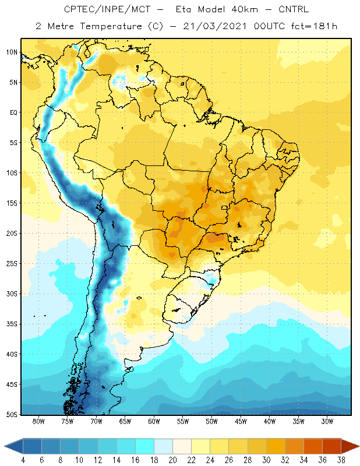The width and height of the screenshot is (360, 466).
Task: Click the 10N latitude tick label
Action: click(x=12, y=52)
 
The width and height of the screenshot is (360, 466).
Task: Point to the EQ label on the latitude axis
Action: click(x=13, y=112)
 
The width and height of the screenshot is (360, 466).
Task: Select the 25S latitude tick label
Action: click(x=12, y=264)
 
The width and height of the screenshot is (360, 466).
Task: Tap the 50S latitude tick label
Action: click(x=12, y=415)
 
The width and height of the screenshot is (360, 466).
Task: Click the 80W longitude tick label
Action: click(x=38, y=421)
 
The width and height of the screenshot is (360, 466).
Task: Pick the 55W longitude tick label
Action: click(x=183, y=421)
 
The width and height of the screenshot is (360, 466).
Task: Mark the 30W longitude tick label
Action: click(x=327, y=421)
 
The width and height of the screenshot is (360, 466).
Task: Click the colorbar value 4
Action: click(x=23, y=460)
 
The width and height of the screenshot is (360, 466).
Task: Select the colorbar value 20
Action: click(x=172, y=460)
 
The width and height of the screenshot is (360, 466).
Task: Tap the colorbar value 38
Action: click(x=341, y=460)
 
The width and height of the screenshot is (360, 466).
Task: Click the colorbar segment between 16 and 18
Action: click(x=144, y=446)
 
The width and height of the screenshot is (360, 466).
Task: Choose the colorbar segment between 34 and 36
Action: click(x=313, y=446)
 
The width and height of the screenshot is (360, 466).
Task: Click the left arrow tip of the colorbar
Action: click(x=4, y=446)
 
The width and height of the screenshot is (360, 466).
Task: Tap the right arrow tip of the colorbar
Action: click(x=359, y=446)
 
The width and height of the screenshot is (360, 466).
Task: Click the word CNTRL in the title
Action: click(x=294, y=9)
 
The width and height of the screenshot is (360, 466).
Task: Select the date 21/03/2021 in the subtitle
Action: click(x=215, y=26)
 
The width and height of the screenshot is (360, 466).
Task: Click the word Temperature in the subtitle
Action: click(x=111, y=26)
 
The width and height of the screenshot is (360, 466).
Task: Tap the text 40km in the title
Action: click(x=245, y=9)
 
